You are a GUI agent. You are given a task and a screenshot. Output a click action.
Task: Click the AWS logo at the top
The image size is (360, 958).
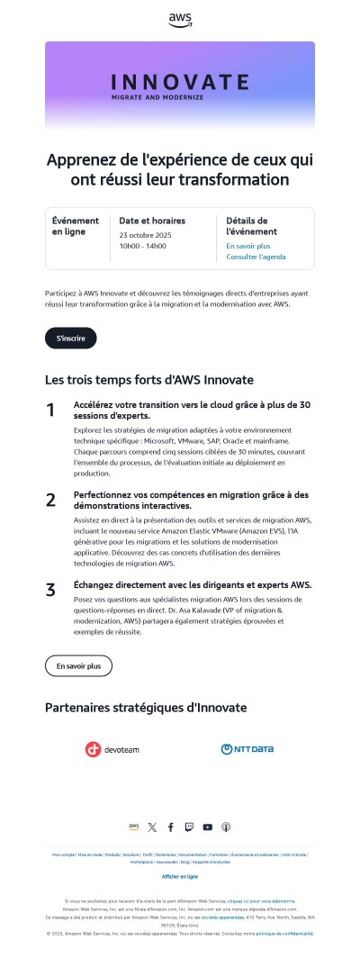tap(180, 19)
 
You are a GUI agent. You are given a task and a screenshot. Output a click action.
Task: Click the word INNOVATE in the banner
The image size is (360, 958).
tap(180, 81)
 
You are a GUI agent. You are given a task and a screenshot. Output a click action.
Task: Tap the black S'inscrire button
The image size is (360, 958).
tap(70, 339)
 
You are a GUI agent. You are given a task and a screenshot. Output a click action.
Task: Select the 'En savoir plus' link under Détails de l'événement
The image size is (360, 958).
tap(248, 246)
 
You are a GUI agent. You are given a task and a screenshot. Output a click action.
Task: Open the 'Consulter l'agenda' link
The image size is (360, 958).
tap(256, 258)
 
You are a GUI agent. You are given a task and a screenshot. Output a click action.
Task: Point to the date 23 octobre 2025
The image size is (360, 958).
tap(145, 235)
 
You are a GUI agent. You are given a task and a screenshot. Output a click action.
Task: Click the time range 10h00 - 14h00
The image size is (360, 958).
tap(142, 246)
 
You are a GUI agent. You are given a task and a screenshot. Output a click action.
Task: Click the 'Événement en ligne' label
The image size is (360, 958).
tap(76, 226)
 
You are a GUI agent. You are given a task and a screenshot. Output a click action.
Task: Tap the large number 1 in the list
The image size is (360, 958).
tap(50, 411)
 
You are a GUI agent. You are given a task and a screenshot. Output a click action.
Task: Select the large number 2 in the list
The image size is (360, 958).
tap(50, 500)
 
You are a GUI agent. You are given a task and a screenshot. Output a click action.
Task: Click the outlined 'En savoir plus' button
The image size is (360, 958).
tap(78, 665)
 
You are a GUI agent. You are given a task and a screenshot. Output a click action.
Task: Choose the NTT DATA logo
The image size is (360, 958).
tap(247, 749)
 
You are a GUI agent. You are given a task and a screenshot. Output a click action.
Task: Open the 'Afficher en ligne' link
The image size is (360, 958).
tap(180, 876)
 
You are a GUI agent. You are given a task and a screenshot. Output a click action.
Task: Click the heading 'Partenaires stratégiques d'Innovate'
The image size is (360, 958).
tap(146, 708)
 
